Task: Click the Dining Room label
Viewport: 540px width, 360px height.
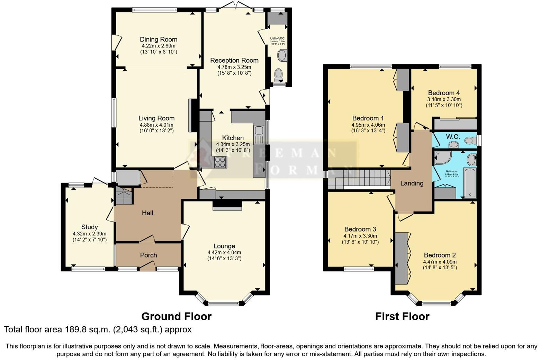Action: (159, 39)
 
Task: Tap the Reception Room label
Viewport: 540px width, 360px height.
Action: (234, 61)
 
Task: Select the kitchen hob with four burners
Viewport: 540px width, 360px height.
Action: (220, 162)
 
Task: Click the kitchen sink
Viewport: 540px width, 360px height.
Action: (258, 135)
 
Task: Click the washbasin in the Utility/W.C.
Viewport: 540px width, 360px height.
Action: (282, 55)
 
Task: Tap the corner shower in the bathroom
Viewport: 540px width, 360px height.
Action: (443, 158)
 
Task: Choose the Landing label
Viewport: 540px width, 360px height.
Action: (412, 183)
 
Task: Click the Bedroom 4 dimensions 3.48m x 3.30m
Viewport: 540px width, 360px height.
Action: (444, 99)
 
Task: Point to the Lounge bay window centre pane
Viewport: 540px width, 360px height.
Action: (224, 304)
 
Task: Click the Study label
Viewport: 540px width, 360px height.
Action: (89, 227)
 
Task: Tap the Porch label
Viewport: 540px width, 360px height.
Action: (148, 255)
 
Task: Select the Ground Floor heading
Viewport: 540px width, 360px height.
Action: (176, 316)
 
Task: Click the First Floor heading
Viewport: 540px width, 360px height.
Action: (402, 316)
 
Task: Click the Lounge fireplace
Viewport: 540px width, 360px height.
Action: (227, 206)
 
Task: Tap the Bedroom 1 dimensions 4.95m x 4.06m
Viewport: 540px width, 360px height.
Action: (368, 125)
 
